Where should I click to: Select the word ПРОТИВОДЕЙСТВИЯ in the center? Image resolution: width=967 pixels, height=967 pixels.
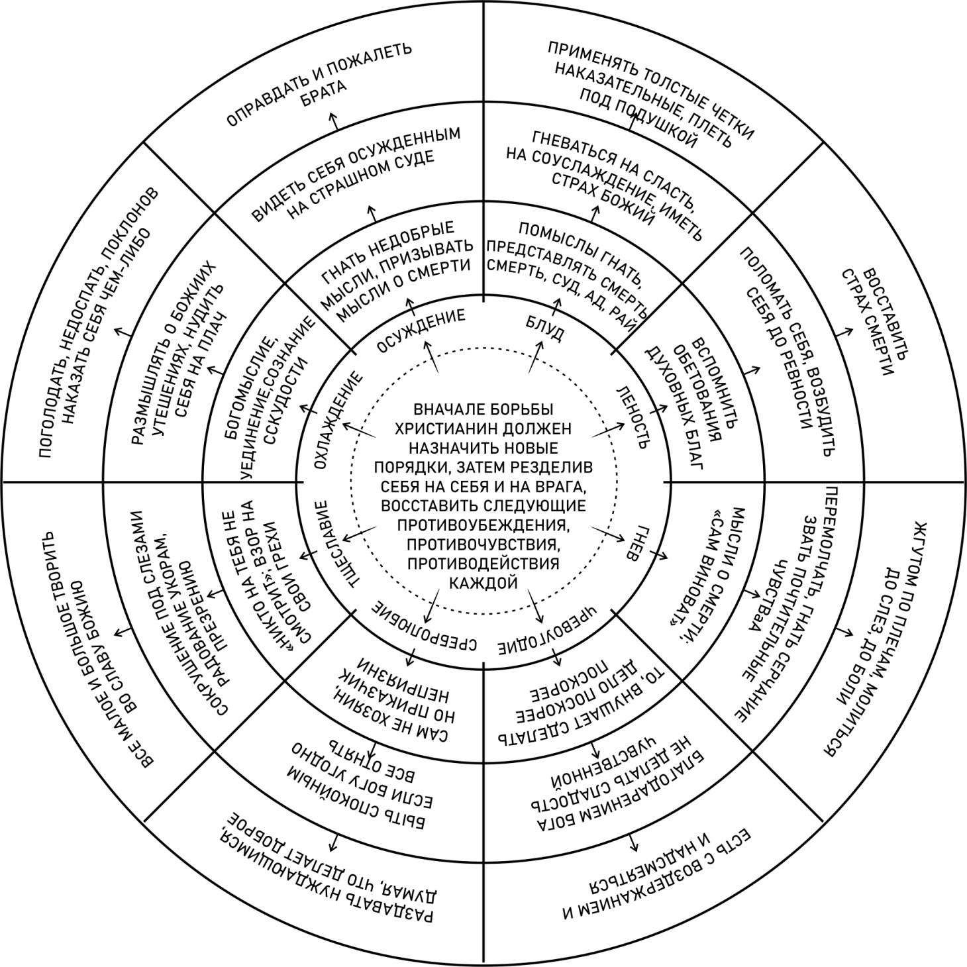click(x=483, y=563)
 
